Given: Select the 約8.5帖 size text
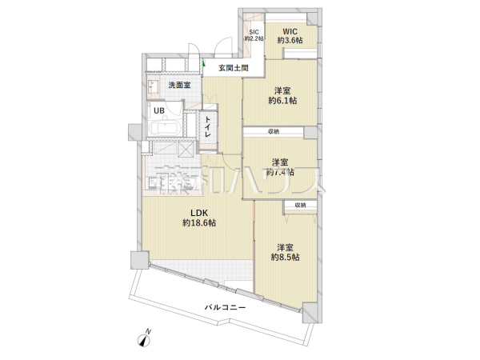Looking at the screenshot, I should point(285,257).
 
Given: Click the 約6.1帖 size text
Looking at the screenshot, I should point(282,100).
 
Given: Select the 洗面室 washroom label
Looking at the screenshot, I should point(179,86).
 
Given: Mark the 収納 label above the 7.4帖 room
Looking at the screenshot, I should point(274,132).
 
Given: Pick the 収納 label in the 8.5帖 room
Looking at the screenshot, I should point(299,206).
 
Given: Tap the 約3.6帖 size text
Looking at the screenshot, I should point(290,39).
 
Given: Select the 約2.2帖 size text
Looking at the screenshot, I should point(254,38).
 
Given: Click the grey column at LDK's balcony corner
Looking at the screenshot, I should point(138,261).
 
